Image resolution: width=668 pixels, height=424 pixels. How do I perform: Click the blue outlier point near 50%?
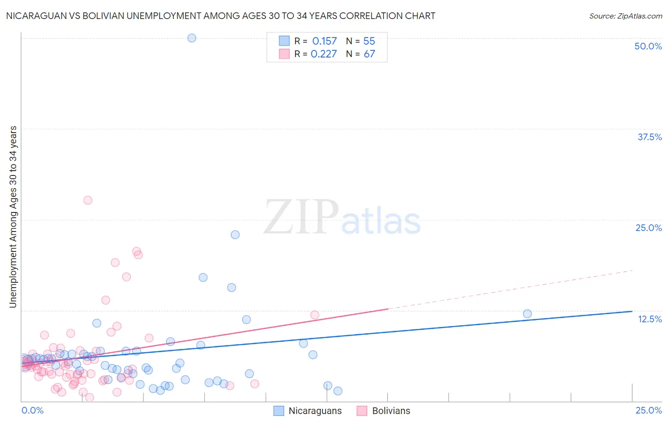[191, 38]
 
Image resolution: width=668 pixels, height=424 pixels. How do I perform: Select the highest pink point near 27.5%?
[87, 200]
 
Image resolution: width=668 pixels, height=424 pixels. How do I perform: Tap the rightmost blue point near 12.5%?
[527, 314]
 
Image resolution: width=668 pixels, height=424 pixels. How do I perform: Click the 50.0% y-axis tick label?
[648, 46]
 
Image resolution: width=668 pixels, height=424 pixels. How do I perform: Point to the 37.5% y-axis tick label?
[649, 137]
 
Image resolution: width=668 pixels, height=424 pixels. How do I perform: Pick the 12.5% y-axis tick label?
[649, 319]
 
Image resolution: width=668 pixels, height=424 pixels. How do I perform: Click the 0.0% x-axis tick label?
[32, 410]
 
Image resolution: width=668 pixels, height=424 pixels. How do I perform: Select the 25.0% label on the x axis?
[649, 410]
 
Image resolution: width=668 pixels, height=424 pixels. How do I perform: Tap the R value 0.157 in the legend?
[324, 41]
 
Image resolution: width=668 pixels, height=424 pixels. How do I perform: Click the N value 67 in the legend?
[369, 54]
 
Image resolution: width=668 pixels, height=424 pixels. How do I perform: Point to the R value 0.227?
[324, 54]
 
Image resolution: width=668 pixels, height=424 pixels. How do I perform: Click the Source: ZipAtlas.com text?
[625, 16]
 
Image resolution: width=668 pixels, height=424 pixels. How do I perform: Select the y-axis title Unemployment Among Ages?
[13, 217]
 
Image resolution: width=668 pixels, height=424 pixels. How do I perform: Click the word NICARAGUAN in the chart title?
[34, 16]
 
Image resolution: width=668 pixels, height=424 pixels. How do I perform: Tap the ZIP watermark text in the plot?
[301, 217]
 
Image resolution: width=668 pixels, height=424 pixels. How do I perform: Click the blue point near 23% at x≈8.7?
[235, 235]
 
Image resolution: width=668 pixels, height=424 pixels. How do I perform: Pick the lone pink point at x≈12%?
[315, 315]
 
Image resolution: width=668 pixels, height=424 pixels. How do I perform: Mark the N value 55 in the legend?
[369, 41]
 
